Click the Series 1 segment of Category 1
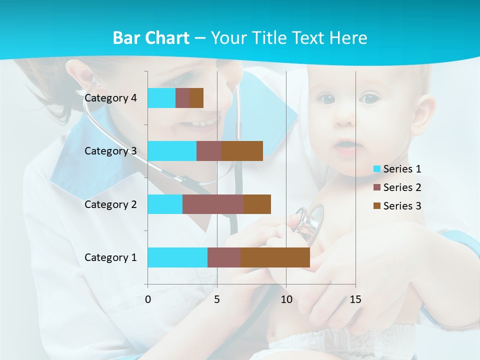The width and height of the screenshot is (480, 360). pyautogui.click(x=177, y=257)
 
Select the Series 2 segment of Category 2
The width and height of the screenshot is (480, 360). pyautogui.click(x=213, y=204)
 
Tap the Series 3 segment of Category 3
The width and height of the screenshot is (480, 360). pyautogui.click(x=242, y=151)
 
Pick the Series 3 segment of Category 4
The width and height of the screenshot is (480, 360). pyautogui.click(x=196, y=98)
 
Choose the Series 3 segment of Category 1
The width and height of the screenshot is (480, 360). pyautogui.click(x=275, y=257)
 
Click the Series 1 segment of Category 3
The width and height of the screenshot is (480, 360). pyautogui.click(x=172, y=151)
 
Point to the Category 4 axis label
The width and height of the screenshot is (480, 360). pyautogui.click(x=110, y=98)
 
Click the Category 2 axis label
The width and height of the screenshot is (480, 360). pyautogui.click(x=110, y=204)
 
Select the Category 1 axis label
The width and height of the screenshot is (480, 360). pyautogui.click(x=110, y=257)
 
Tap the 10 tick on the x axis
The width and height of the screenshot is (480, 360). pyautogui.click(x=286, y=299)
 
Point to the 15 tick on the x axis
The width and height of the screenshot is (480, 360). pyautogui.click(x=355, y=299)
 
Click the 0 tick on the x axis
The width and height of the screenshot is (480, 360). pyautogui.click(x=148, y=299)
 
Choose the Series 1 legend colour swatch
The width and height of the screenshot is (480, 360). pyautogui.click(x=377, y=169)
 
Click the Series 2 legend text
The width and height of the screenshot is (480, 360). pyautogui.click(x=402, y=187)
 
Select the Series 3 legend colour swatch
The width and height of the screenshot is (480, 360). pyautogui.click(x=377, y=206)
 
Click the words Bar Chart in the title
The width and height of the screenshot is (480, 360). pyautogui.click(x=151, y=38)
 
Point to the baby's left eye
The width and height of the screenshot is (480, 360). pyautogui.click(x=370, y=98)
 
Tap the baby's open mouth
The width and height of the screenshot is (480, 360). pyautogui.click(x=345, y=146)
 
